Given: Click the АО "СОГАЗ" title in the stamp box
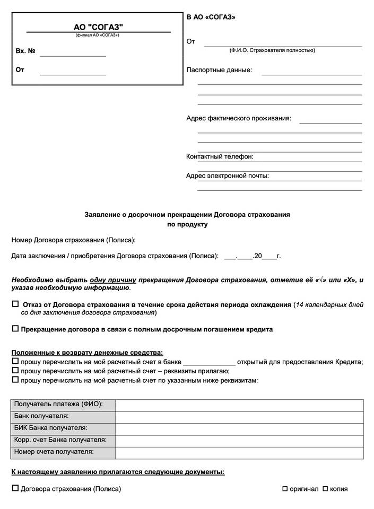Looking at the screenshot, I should point(98,27).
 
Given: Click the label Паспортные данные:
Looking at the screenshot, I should point(219,70).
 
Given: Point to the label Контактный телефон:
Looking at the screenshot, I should point(220,156).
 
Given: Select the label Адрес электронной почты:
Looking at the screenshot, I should point(227,175).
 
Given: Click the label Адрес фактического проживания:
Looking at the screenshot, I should point(238,118).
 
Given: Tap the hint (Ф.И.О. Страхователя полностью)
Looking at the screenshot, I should point(272,50).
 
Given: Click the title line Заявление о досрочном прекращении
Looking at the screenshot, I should point(187,215).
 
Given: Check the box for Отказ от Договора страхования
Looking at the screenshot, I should point(15,304).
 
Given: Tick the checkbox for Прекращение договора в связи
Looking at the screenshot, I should point(15,329).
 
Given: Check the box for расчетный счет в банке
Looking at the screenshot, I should point(15,361).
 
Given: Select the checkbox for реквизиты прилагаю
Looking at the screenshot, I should point(15,371).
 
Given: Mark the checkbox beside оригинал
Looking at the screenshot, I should point(285,488).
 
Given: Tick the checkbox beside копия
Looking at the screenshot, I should point(325,488).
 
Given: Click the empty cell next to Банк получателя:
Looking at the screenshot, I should point(239,416).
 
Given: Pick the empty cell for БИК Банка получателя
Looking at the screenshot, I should point(239,428).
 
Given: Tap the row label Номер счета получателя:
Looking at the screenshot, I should point(55,452).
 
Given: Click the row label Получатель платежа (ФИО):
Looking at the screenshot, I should point(58,405).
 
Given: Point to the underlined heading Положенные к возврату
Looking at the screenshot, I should point(88,352).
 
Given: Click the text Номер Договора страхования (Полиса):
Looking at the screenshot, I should point(74,240).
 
